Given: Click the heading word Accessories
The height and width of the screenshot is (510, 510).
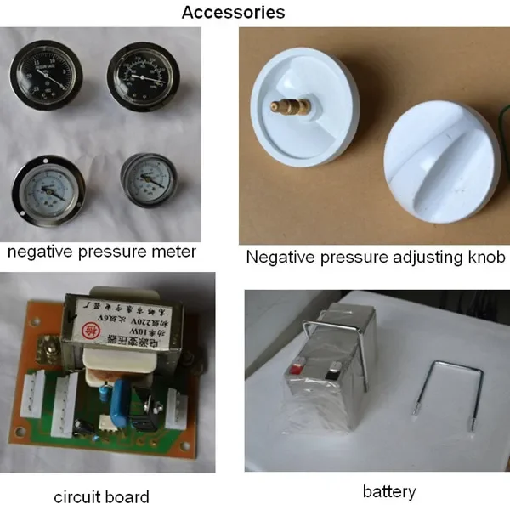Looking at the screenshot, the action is [x=233, y=13].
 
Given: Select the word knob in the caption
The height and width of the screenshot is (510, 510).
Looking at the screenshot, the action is [x=484, y=256].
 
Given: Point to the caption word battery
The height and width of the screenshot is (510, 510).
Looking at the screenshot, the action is [x=389, y=491].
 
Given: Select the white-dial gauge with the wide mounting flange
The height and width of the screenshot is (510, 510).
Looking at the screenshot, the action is [x=47, y=188].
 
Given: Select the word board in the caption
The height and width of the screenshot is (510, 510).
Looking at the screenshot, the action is [x=127, y=497].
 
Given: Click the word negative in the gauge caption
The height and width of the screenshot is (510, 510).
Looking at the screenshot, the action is [x=38, y=252].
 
